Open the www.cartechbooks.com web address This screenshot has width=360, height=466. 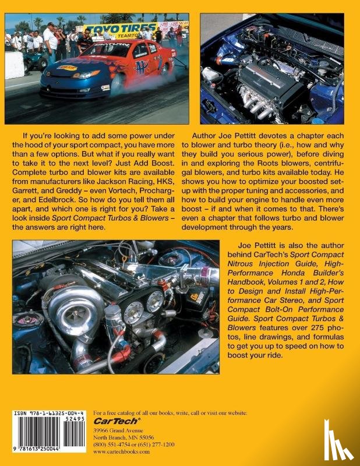tap(119, 451)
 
